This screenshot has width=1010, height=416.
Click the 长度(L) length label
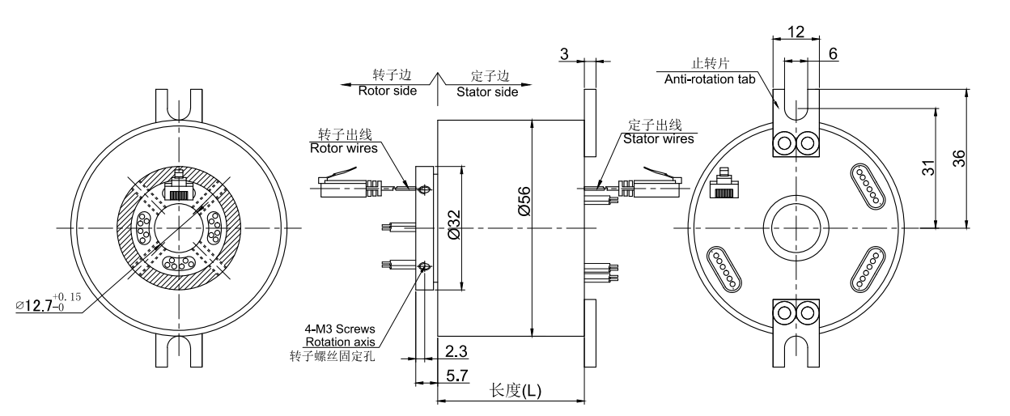click(516, 391)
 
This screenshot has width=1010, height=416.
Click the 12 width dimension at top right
click(796, 32)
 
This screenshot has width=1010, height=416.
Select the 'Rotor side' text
click(388, 91)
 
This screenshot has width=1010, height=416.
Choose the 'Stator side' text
click(488, 91)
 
